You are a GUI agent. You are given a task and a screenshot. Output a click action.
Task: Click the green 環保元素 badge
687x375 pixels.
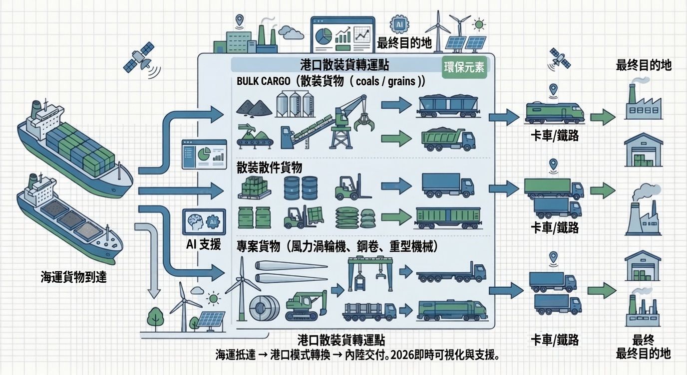coord(464,67)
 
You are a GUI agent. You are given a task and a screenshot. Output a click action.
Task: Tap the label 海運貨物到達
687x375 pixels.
coord(73,277)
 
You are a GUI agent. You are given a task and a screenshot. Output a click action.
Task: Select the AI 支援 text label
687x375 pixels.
coord(203,244)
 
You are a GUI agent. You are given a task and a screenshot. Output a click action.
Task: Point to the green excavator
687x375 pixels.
coord(306,305)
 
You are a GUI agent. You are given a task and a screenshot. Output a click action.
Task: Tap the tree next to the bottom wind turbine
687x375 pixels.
coord(155,319)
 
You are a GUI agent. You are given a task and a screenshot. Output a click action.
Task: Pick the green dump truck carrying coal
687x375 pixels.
coord(448,140)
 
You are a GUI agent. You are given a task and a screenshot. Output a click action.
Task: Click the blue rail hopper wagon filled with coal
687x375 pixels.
coord(448,106)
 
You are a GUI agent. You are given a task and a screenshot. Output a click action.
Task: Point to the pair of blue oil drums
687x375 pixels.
coord(301,188)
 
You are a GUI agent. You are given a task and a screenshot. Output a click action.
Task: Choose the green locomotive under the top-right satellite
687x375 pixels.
coord(555,113)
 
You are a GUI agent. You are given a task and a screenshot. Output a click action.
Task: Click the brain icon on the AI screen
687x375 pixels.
coord(196,221)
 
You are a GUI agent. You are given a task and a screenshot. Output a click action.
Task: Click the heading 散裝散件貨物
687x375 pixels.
coord(269,167)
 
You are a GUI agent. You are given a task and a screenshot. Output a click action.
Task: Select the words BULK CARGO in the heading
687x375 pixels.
coord(263,81)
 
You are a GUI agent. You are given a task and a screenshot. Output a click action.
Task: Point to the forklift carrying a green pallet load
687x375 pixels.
coord(304,217)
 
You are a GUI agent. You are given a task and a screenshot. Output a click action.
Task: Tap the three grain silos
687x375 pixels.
coord(295,104)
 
